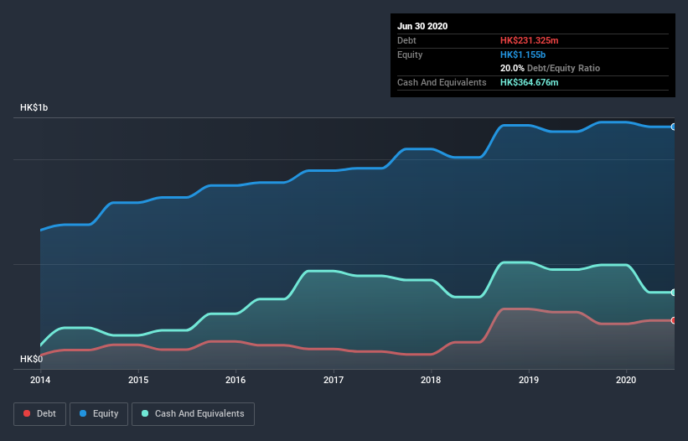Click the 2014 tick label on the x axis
(x=40, y=380)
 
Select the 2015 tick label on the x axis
(x=138, y=380)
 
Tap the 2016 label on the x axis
(x=235, y=380)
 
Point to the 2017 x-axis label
(x=334, y=380)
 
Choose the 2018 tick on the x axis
(x=431, y=380)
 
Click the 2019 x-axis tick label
(x=529, y=380)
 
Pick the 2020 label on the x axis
(x=627, y=380)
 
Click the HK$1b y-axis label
(x=34, y=108)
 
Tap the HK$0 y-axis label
(x=31, y=359)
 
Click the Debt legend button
(x=40, y=413)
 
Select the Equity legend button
(x=99, y=413)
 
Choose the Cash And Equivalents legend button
(x=193, y=413)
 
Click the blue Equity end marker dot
(x=674, y=127)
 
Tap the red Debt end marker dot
(x=674, y=320)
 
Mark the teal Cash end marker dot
(x=674, y=293)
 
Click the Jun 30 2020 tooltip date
(x=422, y=26)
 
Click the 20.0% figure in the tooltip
(x=512, y=68)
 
